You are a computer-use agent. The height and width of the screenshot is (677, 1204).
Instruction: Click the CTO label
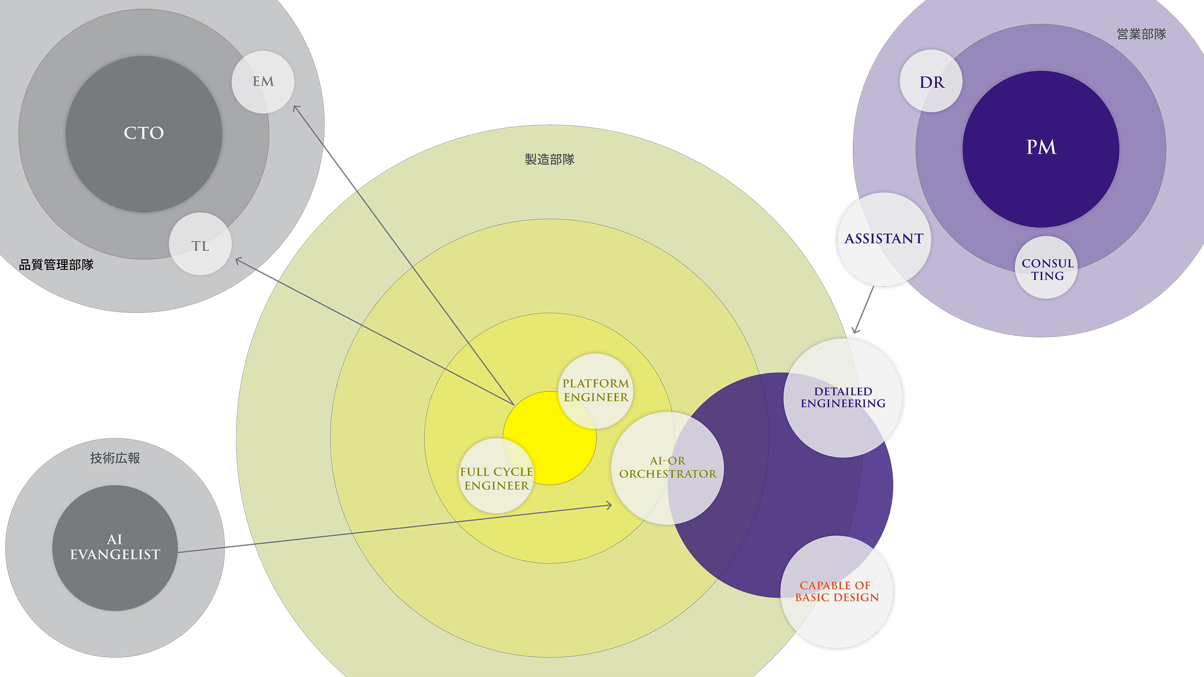click(x=144, y=133)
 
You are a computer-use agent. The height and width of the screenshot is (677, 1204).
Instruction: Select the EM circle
click(x=263, y=82)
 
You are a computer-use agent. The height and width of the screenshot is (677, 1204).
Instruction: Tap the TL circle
click(x=200, y=245)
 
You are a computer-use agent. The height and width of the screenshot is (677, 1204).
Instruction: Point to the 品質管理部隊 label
click(x=56, y=264)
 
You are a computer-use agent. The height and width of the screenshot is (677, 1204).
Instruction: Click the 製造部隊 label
click(x=549, y=159)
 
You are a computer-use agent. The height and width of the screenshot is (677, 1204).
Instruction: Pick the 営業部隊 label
click(x=1141, y=34)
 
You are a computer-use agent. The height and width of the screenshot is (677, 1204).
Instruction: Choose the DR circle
click(x=931, y=81)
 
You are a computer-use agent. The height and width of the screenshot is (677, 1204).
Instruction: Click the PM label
click(x=1041, y=147)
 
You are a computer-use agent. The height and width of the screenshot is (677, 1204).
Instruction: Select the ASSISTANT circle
click(x=883, y=239)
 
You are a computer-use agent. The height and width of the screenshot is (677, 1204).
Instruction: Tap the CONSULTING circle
click(x=1047, y=269)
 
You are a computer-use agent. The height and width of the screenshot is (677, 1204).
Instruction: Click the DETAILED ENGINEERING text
click(x=843, y=397)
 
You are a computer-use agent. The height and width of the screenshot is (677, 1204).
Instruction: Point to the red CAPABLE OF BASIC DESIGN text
click(x=837, y=592)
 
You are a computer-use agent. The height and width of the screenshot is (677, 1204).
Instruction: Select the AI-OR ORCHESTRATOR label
click(x=667, y=467)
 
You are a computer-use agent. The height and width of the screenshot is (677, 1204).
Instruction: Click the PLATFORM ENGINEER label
click(x=595, y=390)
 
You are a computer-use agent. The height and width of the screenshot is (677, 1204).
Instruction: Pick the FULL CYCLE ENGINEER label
click(x=497, y=479)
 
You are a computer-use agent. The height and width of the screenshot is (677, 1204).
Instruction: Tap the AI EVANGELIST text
click(x=115, y=547)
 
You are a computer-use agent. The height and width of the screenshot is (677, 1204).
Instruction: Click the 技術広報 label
click(x=115, y=458)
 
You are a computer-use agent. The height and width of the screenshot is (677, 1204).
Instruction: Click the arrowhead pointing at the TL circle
click(x=238, y=259)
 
